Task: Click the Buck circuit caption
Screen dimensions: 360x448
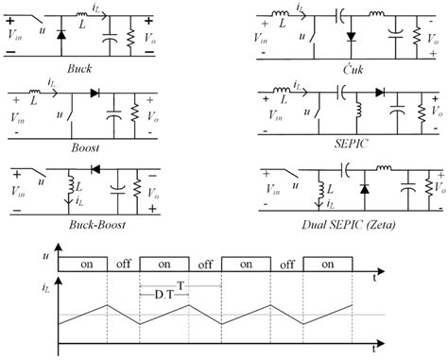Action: [x=79, y=69]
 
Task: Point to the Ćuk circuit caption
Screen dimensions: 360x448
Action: [x=350, y=70]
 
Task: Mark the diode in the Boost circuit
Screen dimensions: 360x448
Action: [x=95, y=95]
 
